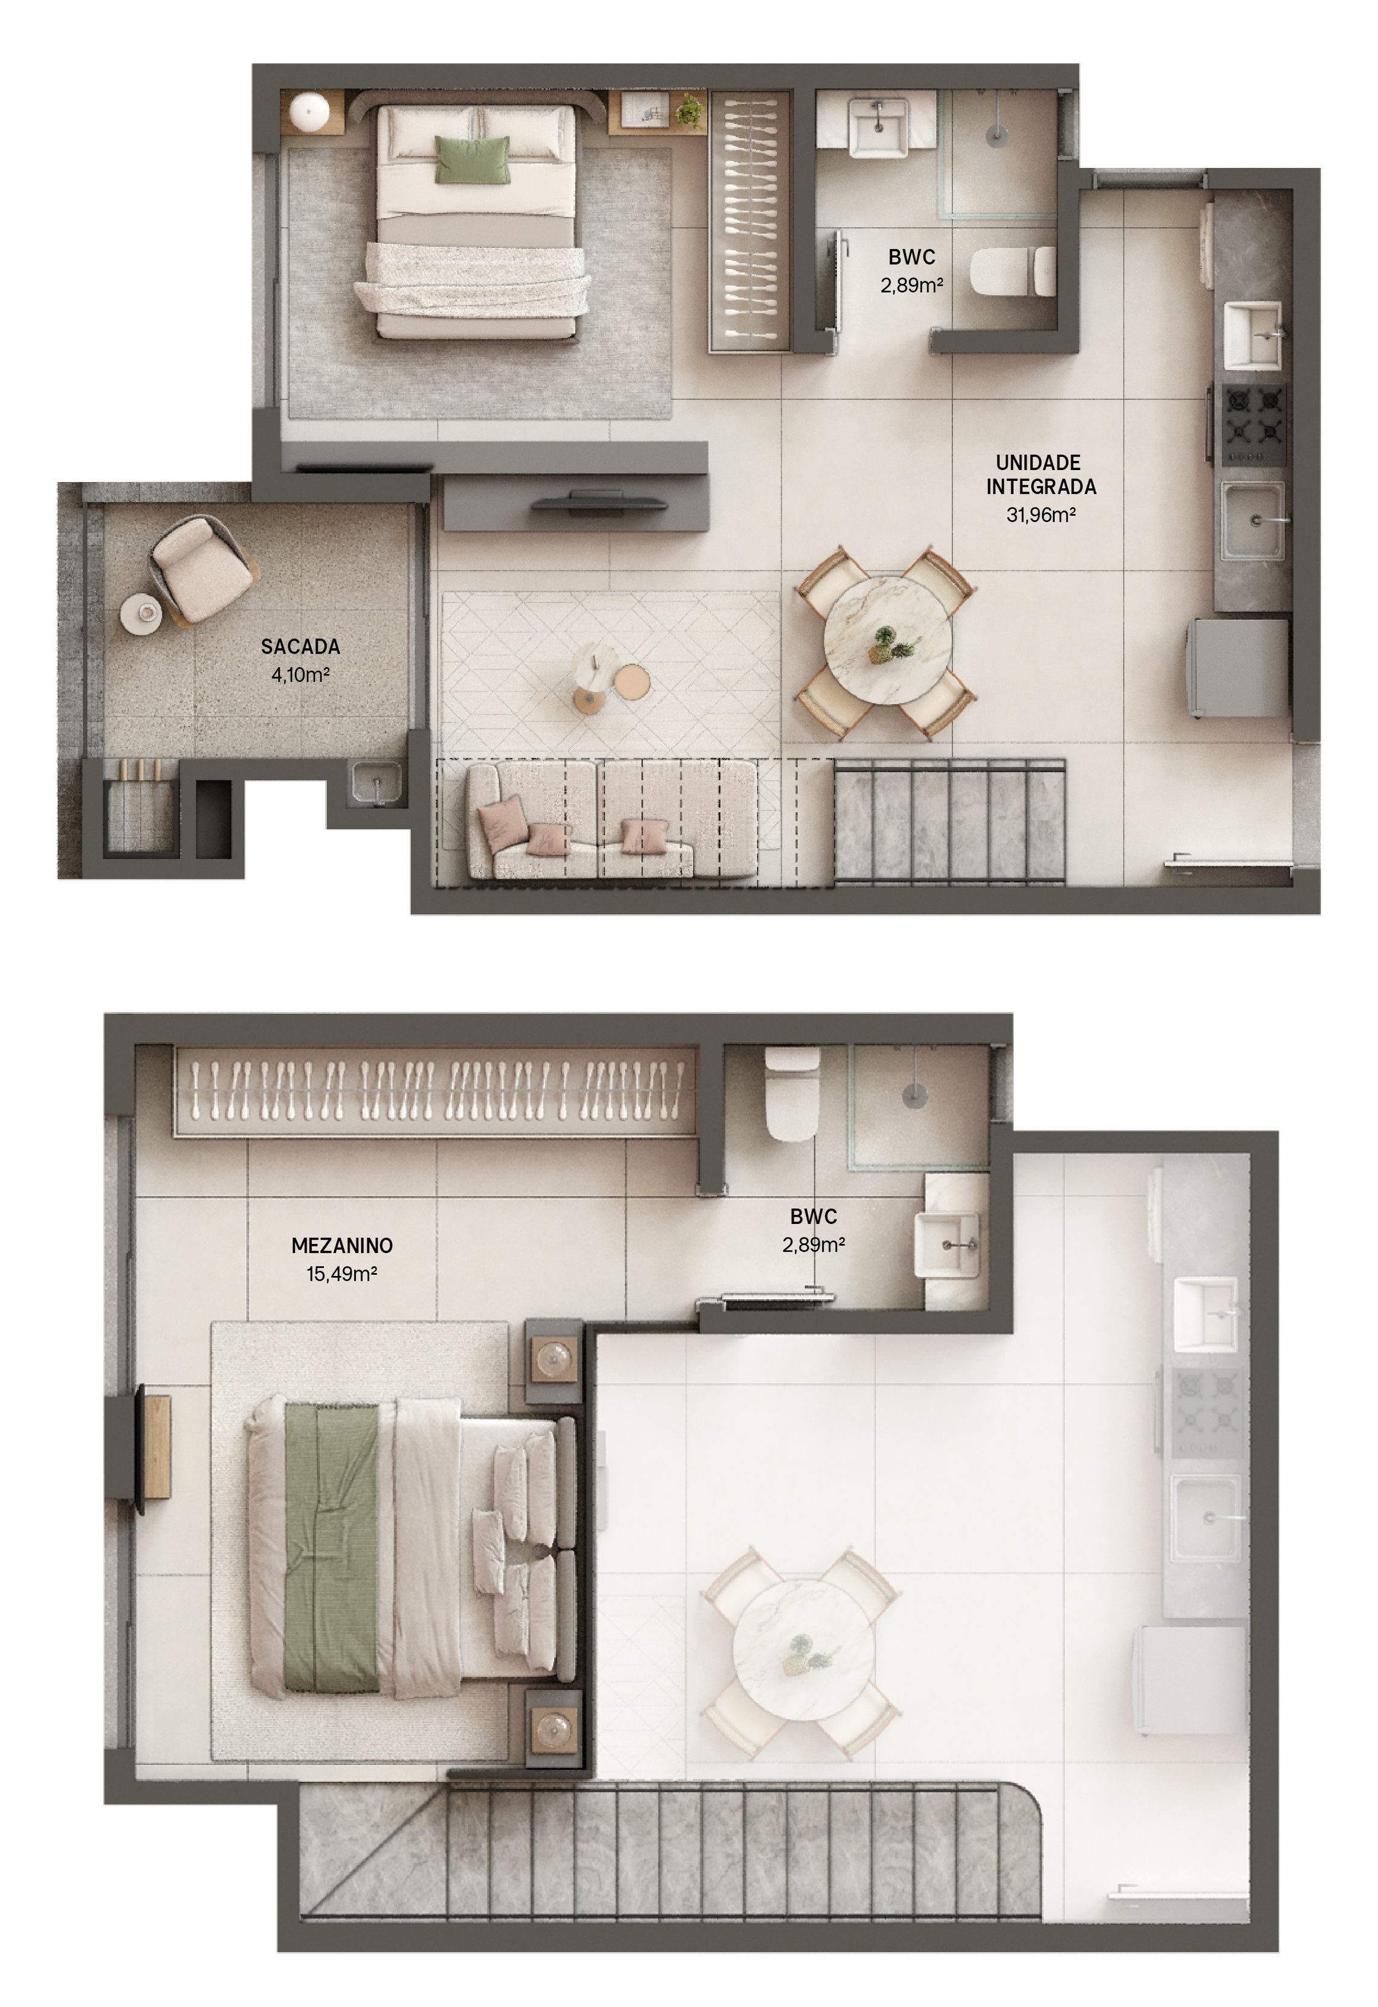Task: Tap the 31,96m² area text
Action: [x=1041, y=515]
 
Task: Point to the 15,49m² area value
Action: [x=342, y=1273]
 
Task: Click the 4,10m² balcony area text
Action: [x=300, y=674]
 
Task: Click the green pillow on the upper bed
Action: [x=471, y=159]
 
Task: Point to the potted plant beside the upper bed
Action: [x=688, y=111]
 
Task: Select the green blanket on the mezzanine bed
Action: [x=332, y=1546]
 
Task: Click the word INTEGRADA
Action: [x=1041, y=487]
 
